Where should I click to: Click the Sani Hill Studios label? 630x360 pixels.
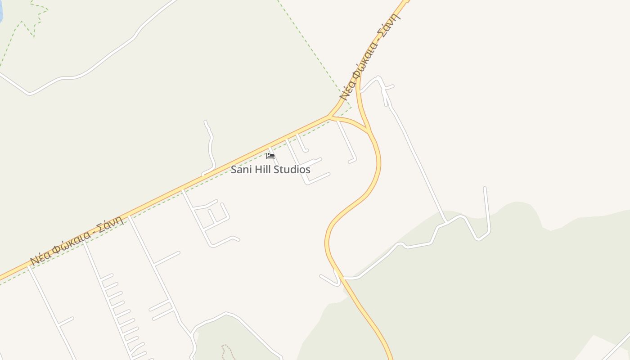pyautogui.click(x=270, y=170)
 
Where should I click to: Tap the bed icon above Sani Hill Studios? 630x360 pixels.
pyautogui.click(x=270, y=156)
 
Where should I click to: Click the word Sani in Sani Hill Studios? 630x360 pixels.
pyautogui.click(x=241, y=170)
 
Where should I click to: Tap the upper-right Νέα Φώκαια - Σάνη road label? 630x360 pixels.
pyautogui.click(x=370, y=56)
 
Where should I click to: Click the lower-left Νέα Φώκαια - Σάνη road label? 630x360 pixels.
pyautogui.click(x=76, y=241)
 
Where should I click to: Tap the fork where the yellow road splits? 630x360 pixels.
pyautogui.click(x=331, y=117)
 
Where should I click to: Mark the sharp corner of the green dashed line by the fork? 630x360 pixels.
pyautogui.click(x=351, y=107)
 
